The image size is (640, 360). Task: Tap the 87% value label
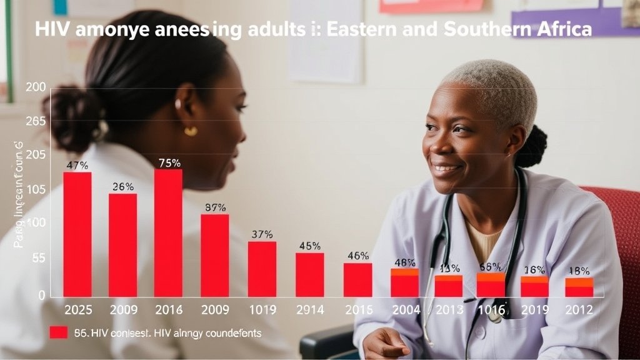coord(215,208)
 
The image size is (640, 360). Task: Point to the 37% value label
coord(262,234)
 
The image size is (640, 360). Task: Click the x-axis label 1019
coord(262,310)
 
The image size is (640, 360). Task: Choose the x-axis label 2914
coord(309,310)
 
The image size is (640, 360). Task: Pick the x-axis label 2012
coord(579,310)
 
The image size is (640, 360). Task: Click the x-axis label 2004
coord(404,310)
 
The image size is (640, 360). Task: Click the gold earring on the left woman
coord(191,131)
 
